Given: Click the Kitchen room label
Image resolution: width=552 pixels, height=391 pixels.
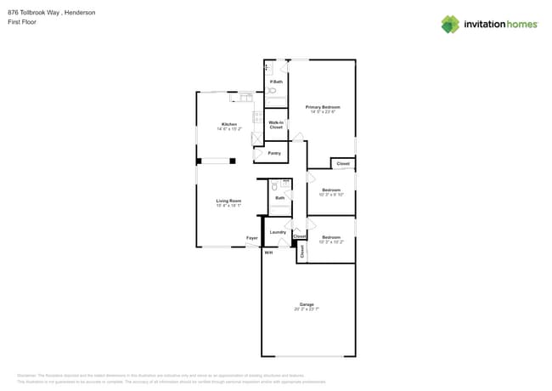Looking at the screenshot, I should [x=229, y=124].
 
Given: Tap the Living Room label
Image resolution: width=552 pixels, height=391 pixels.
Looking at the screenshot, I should [x=228, y=201].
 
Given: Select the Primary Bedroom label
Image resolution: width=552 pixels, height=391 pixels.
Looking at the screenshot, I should [x=323, y=107].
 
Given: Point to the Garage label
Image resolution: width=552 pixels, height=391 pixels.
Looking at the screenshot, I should [x=307, y=304].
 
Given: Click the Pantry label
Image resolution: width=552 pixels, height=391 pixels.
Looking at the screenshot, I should [x=274, y=153].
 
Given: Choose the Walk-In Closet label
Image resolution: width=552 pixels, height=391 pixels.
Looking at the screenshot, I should [x=276, y=124].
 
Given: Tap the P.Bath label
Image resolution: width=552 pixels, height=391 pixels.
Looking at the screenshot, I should [x=276, y=82].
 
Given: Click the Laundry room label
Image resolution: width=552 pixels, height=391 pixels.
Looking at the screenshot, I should [x=278, y=232].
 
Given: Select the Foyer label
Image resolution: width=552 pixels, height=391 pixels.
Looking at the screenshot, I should [x=252, y=238].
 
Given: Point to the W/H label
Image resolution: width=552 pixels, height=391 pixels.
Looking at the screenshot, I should [x=268, y=252].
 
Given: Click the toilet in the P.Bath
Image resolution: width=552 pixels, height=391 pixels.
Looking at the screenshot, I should [x=273, y=90].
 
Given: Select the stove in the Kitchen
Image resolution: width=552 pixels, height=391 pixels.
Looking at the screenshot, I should [x=256, y=119].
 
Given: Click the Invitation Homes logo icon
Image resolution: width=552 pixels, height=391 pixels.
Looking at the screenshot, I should [x=450, y=24].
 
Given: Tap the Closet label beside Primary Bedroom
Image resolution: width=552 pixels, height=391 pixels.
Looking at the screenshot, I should [x=343, y=163].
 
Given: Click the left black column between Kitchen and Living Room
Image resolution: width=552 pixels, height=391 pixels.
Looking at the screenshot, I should [x=199, y=161].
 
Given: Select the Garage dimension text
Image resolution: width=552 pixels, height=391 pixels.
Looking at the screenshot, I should [x=307, y=309].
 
